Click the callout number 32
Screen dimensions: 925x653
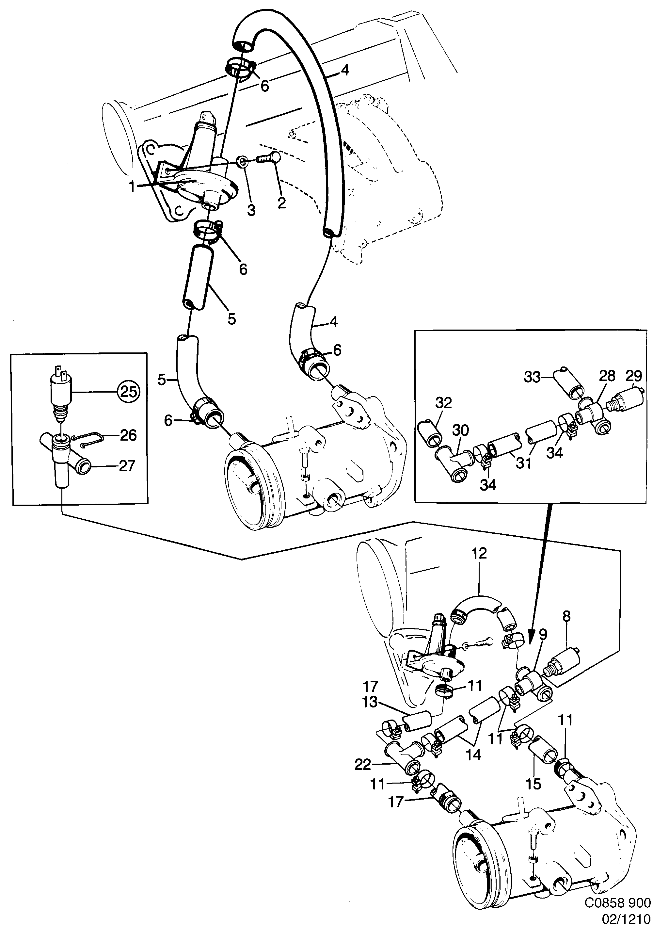pyautogui.click(x=443, y=403)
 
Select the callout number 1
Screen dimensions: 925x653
pyautogui.click(x=132, y=187)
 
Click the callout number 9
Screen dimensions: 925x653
pyautogui.click(x=543, y=635)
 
